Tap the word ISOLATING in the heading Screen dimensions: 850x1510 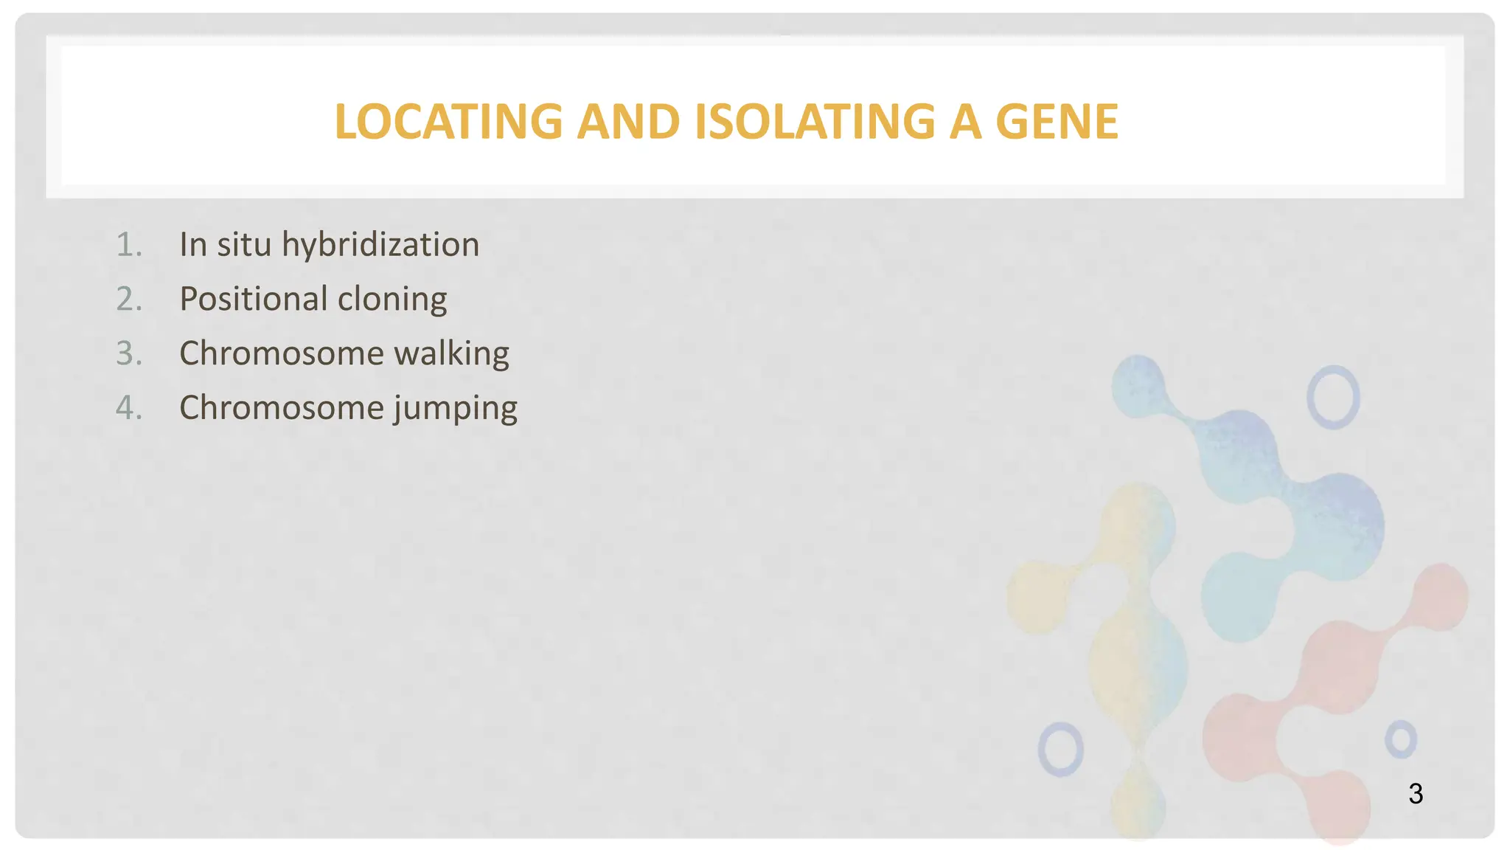coord(815,122)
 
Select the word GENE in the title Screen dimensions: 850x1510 coord(1057,122)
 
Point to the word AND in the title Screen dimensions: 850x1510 coord(628,122)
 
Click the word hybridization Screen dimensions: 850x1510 coord(380,245)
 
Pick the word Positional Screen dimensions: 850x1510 coord(253,299)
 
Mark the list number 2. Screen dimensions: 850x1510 coord(129,299)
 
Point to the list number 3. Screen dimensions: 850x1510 coord(129,353)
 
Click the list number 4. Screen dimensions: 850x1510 coord(129,407)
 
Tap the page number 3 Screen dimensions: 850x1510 coord(1415,794)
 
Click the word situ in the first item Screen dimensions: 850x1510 coord(244,245)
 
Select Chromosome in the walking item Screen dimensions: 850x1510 coord(281,353)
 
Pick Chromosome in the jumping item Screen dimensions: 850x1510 coord(281,407)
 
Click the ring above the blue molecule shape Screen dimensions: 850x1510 coord(1333,397)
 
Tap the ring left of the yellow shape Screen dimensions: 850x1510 coord(1060,749)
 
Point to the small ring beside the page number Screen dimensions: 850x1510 coord(1400,739)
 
